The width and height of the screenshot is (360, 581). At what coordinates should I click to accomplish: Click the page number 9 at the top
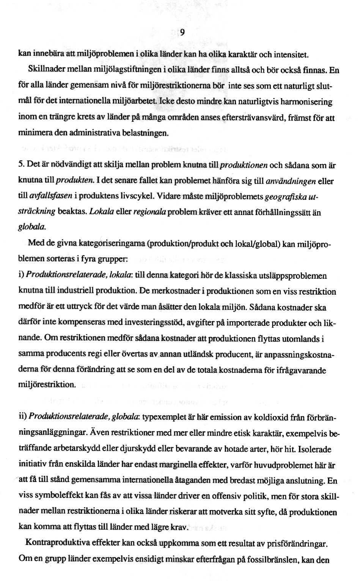(182, 33)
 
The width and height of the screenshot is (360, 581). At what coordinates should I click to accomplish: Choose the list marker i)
(22, 276)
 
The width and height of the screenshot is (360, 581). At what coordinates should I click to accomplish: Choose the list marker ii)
(23, 417)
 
